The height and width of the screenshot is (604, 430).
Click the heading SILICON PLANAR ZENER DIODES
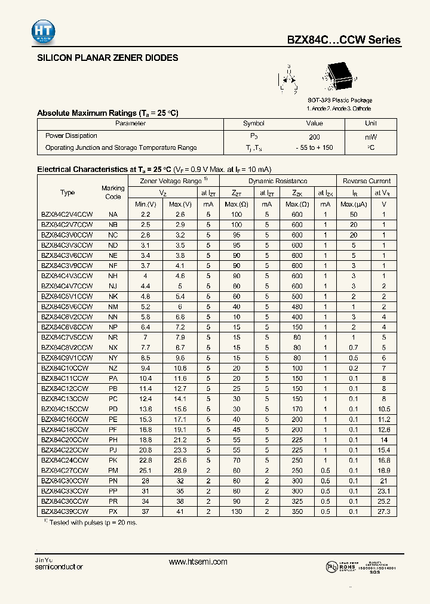point(107,58)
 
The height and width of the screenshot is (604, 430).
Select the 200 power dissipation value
point(314,136)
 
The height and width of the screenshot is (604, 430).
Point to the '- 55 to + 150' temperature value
point(314,147)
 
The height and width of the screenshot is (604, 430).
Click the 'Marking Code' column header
point(113,192)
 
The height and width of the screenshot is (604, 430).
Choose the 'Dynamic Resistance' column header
point(278,181)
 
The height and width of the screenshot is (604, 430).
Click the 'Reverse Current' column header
point(366,181)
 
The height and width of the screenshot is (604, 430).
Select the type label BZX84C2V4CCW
point(67,214)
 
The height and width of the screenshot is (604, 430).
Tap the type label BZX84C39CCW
point(64,511)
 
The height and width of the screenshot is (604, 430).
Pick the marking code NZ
point(113,368)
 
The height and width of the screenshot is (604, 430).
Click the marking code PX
point(113,511)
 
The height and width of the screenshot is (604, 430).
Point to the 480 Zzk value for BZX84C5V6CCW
point(297,306)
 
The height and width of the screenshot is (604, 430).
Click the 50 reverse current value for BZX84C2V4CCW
point(354,214)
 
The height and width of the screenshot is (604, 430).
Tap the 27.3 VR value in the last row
point(384,511)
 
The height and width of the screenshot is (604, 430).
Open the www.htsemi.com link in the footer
point(198,562)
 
